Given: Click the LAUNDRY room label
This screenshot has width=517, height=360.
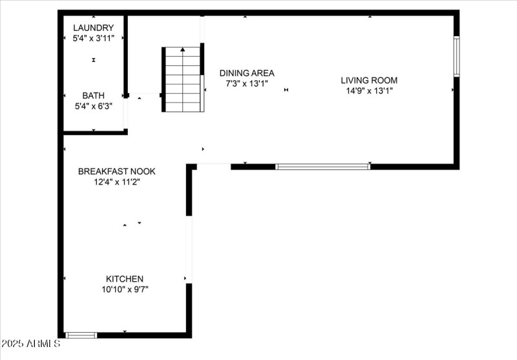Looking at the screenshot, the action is tap(93, 28).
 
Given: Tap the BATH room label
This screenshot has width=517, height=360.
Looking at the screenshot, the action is tap(93, 96).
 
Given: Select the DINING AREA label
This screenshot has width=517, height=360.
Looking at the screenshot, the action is tap(247, 73).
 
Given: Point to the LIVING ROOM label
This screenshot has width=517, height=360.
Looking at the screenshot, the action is tap(369, 80).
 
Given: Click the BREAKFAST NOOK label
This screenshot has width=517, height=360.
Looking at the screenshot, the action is tap(117, 171).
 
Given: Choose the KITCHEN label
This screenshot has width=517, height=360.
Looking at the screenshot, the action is tap(125, 279).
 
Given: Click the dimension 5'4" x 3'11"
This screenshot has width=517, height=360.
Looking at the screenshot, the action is tap(93, 38).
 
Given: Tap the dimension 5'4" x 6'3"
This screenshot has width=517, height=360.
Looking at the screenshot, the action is tap(94, 106).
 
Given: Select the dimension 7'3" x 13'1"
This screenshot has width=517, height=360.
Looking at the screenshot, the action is tap(247, 83).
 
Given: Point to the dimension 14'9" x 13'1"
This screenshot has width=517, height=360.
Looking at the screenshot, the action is tap(369, 90).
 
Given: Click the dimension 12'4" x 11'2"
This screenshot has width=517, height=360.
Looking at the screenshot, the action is tap(117, 182).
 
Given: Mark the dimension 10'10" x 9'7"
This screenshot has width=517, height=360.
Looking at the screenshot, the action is tap(125, 290).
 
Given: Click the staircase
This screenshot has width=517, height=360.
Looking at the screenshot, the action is tap(183, 79).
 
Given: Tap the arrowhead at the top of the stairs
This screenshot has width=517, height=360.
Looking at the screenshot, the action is tap(183, 50).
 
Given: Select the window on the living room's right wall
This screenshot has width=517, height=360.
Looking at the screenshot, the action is tap(456, 56).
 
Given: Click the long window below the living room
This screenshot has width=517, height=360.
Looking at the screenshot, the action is tap(322, 167).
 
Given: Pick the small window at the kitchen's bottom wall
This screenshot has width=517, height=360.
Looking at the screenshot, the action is tap(81, 335).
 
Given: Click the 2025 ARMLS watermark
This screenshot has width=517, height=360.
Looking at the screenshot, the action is tap(30, 343).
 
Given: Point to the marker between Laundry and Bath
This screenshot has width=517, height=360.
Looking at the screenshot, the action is tap(94, 60).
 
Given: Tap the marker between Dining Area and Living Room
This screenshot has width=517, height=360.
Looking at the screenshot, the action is tap(286, 90).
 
